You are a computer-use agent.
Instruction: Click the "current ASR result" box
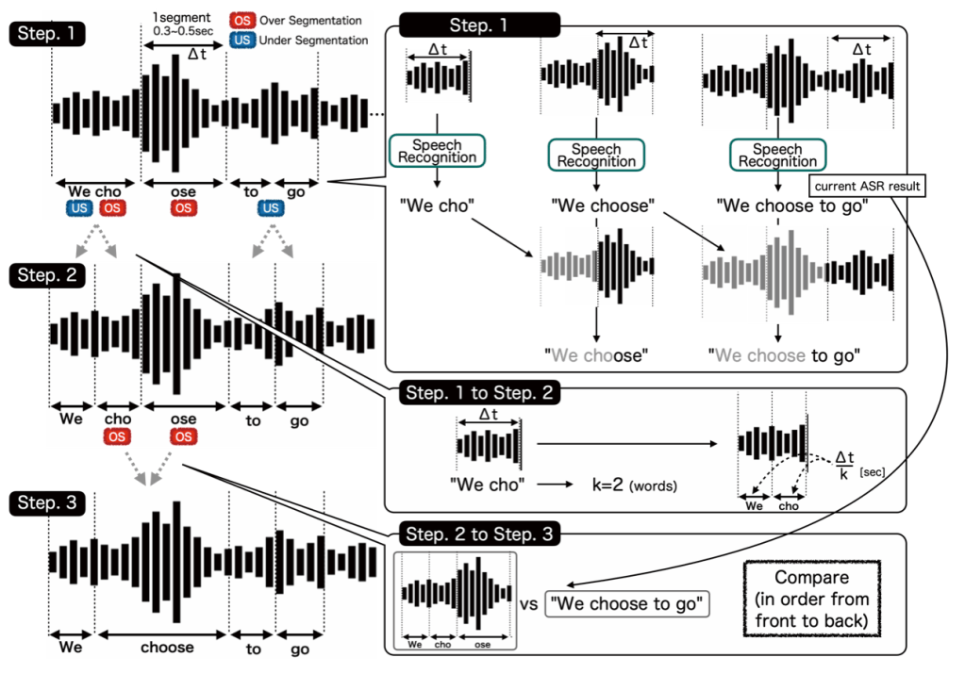point(867,186)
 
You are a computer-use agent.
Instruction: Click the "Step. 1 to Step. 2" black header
point(479,392)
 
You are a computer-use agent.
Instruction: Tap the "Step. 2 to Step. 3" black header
point(479,534)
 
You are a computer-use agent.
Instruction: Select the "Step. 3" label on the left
point(47,503)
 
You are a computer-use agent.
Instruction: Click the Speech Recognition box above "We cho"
point(437,151)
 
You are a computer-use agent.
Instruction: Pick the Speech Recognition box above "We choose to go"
point(778,155)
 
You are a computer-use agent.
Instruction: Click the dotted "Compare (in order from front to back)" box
point(812,599)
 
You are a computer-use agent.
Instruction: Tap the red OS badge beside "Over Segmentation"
point(241,21)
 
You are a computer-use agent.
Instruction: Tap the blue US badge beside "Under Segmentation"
point(241,40)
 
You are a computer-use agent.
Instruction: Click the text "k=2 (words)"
point(634,485)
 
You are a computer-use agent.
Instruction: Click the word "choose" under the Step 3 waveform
point(167,647)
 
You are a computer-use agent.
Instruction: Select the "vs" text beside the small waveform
point(528,604)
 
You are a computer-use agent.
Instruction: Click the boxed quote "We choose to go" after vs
point(627,603)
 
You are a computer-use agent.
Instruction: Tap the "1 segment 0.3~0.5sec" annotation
point(183,24)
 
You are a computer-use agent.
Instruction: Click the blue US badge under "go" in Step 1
point(271,208)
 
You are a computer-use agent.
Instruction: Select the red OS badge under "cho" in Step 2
point(117,436)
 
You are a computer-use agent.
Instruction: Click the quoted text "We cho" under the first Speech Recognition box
point(437,205)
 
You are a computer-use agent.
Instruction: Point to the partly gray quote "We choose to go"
point(784,355)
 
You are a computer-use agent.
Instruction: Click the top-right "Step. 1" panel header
point(479,25)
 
